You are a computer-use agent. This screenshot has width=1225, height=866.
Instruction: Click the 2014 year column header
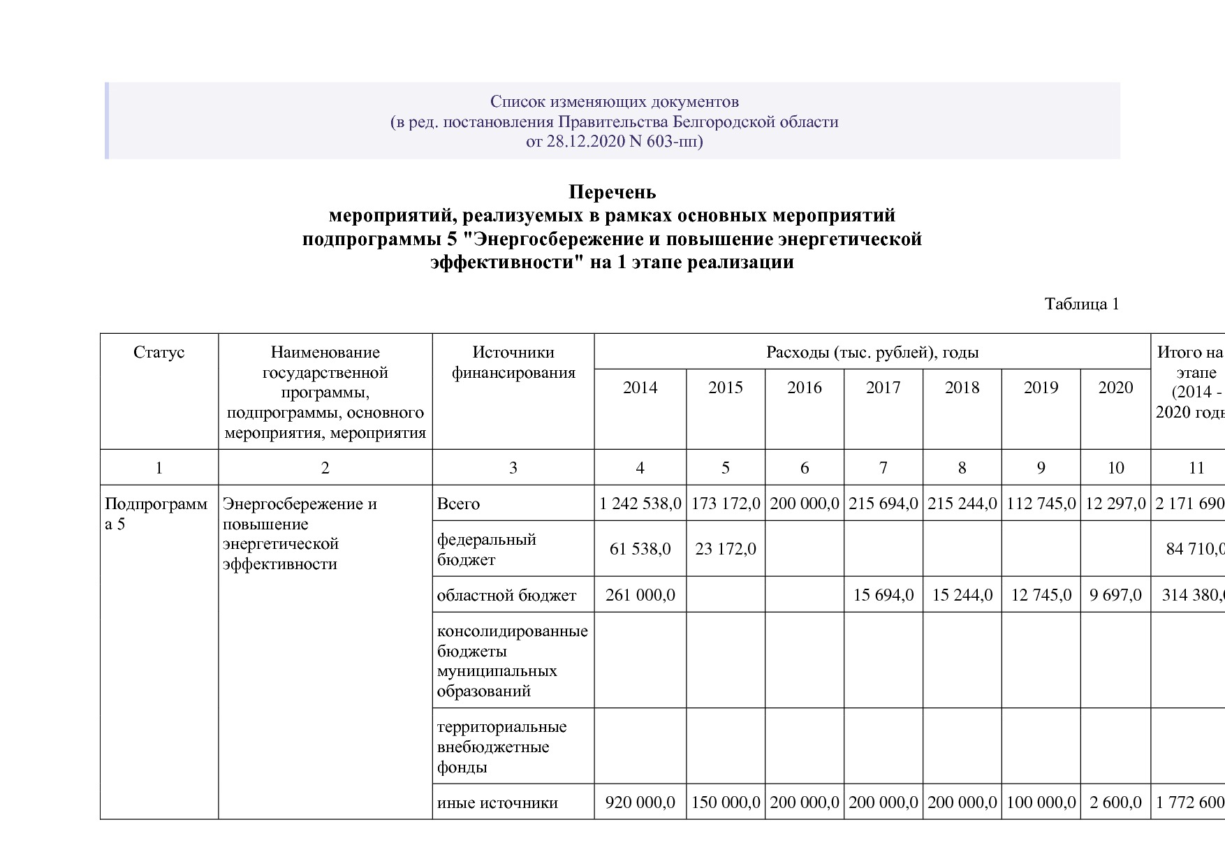pos(640,388)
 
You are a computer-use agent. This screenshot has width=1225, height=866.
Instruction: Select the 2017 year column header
pos(883,388)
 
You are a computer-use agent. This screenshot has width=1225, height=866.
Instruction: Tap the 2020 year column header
pos(1115,388)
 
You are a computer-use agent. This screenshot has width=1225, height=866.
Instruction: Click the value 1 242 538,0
pos(640,504)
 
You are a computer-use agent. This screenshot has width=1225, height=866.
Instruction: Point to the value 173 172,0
pos(726,504)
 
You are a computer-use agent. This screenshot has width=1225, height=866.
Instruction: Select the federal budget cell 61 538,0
pos(640,549)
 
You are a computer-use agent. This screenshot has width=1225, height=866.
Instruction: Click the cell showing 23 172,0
pos(726,549)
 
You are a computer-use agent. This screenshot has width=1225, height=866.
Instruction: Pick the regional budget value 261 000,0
pos(640,595)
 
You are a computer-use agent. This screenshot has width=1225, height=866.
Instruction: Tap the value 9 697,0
pos(1115,595)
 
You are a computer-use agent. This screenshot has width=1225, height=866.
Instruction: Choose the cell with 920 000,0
pos(640,802)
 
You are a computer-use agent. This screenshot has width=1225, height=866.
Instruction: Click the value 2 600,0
pos(1115,802)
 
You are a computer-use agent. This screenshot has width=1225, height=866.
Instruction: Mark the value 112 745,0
pos(1041,504)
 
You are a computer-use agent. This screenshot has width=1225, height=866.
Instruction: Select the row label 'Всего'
pos(458,504)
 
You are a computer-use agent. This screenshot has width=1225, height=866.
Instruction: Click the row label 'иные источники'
pos(497,802)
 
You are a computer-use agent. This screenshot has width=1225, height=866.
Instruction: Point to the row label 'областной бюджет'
pos(506,595)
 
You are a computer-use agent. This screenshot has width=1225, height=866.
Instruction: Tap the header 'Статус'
pos(159,352)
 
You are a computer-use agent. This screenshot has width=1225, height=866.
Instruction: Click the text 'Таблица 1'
pos(1082,304)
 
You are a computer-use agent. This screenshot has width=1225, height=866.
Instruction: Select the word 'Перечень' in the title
pos(612,191)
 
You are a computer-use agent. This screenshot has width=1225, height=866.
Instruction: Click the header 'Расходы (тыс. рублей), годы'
pos(872,352)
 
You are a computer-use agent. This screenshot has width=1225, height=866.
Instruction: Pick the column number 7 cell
pos(883,468)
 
